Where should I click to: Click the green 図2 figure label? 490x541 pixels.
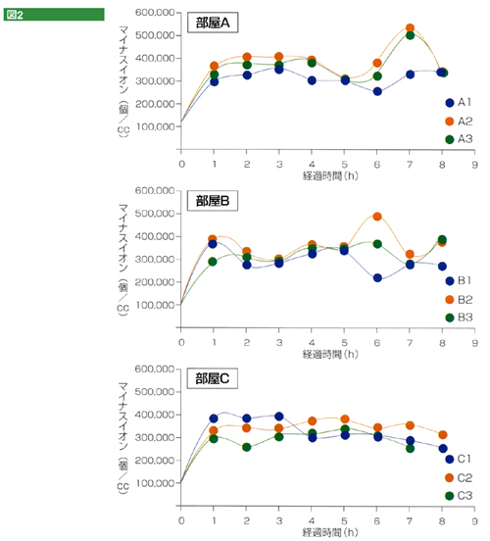pos(54,15)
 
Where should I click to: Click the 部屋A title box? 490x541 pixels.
pos(213,23)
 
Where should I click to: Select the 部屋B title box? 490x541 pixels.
pos(213,201)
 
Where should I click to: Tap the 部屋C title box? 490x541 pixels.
pos(213,378)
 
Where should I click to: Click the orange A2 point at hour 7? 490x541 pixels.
pos(410,28)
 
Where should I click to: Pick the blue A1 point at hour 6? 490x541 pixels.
pos(377,91)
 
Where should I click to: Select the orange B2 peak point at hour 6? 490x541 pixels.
pos(377,217)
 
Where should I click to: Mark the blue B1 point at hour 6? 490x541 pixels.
pos(377,277)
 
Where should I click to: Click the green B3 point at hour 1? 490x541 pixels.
pos(213,262)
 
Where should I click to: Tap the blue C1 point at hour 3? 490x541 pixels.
pos(279,417)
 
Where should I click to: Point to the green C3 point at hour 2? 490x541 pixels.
pos(246,447)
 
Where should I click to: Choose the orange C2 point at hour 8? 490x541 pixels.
pos(443,435)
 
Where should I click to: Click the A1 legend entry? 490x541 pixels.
pos(459,103)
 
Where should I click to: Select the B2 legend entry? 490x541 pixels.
pos(459,300)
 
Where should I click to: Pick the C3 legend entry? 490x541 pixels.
pos(459,496)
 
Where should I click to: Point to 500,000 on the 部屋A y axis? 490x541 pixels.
pos(155,35)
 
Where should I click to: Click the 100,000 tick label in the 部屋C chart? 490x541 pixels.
pos(155,483)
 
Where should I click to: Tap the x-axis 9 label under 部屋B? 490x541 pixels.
pos(475,343)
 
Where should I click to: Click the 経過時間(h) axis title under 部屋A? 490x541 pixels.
pos(330,176)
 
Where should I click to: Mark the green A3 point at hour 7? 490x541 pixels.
pos(410,35)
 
